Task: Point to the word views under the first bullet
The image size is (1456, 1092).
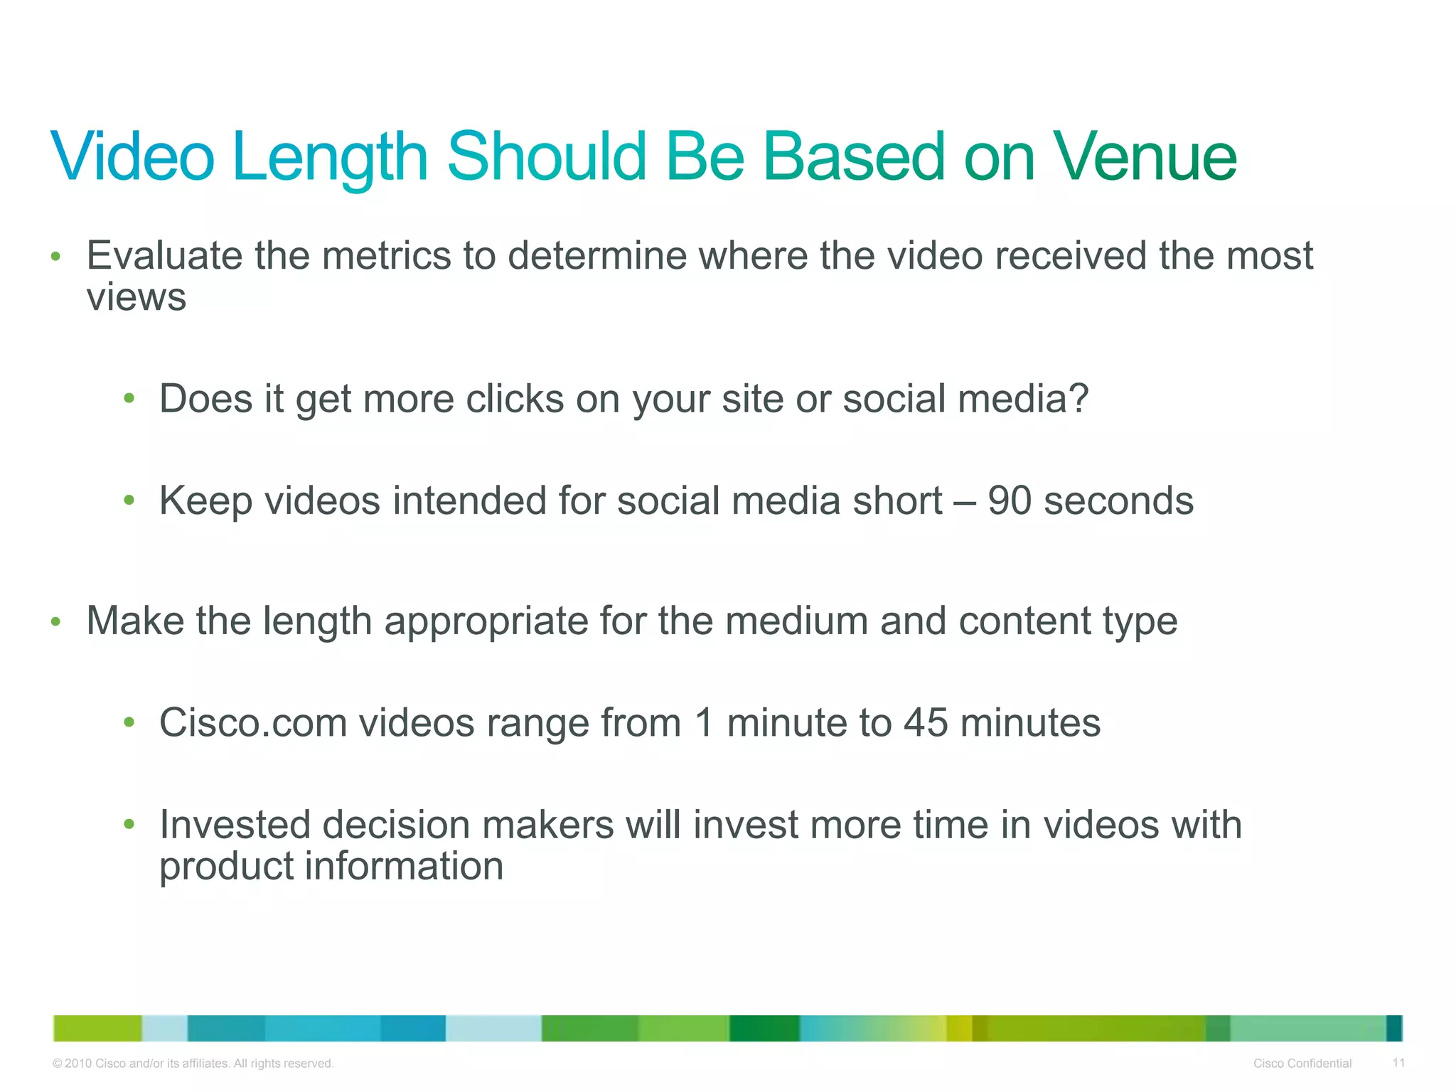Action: (x=136, y=297)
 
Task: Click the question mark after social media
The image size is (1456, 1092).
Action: (x=1078, y=398)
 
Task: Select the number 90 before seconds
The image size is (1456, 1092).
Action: (x=1009, y=500)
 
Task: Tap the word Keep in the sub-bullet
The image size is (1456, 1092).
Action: (x=205, y=501)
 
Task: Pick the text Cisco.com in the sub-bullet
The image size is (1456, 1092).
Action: (x=252, y=723)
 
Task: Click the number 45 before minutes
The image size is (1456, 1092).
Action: (x=926, y=723)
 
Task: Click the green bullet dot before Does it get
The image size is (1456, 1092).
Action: (x=129, y=399)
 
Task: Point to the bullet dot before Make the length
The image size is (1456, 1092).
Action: (x=56, y=622)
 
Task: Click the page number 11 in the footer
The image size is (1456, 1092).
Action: (x=1398, y=1063)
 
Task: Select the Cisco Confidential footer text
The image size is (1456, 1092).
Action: (x=1302, y=1064)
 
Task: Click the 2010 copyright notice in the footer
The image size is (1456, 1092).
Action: (x=193, y=1064)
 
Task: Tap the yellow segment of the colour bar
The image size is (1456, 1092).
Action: (x=959, y=1028)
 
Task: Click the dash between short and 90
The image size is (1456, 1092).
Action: (x=965, y=502)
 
